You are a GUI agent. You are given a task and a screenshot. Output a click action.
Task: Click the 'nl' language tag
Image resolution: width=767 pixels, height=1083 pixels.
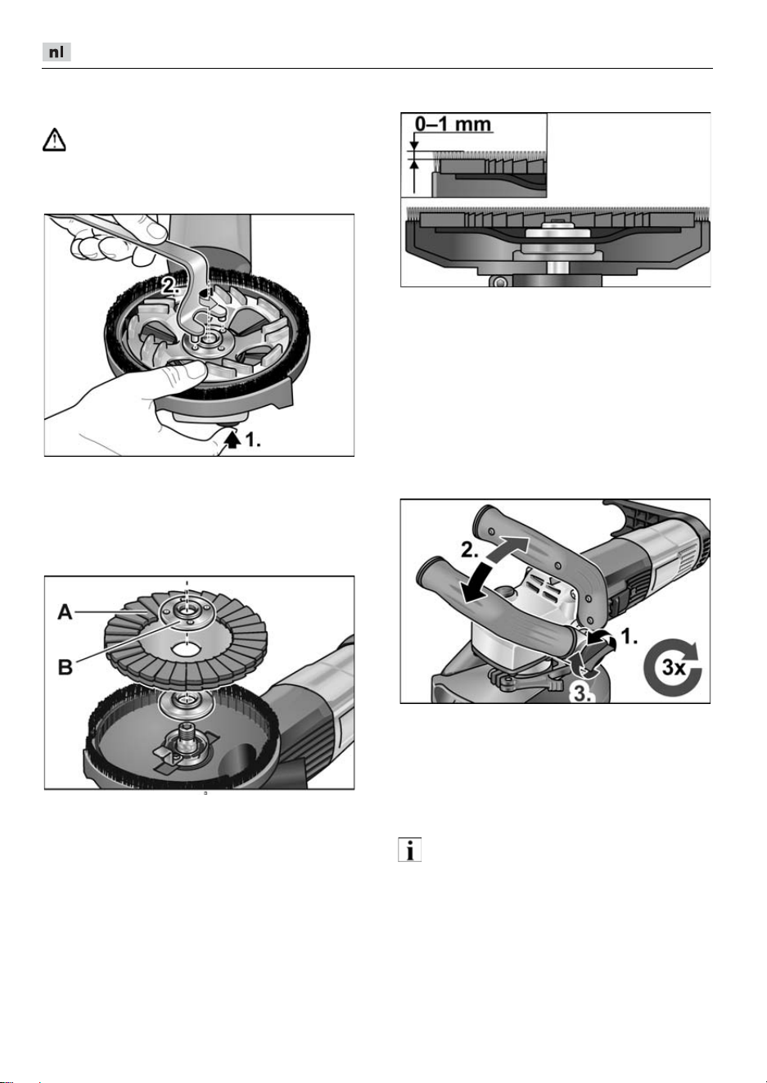click(56, 52)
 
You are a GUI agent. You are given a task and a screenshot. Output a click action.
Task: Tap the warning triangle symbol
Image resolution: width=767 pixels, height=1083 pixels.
click(54, 140)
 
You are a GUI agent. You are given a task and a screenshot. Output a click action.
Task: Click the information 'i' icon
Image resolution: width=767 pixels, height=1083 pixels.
click(409, 849)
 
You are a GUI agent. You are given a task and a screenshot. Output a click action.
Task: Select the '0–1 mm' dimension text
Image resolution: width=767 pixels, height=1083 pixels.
click(453, 124)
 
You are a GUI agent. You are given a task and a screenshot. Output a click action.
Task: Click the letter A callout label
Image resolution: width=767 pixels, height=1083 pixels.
click(65, 612)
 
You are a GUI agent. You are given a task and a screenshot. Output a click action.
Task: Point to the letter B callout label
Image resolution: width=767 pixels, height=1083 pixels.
click(65, 667)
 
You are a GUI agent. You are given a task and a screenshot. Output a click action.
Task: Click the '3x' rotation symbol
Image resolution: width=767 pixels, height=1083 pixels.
click(673, 669)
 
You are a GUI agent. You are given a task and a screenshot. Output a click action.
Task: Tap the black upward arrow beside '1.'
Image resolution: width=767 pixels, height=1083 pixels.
click(233, 440)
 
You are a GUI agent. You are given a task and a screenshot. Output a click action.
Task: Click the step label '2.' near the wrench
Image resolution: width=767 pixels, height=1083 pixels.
click(169, 287)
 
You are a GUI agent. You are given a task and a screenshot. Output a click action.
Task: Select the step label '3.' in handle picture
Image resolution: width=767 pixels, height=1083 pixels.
click(582, 694)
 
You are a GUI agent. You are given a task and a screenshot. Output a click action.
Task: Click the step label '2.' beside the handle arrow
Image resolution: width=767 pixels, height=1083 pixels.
click(469, 549)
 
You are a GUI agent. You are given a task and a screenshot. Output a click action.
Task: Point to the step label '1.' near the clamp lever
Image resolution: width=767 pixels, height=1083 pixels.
click(629, 637)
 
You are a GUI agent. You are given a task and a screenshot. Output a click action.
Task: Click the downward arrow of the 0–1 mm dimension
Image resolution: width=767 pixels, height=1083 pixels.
click(414, 142)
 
